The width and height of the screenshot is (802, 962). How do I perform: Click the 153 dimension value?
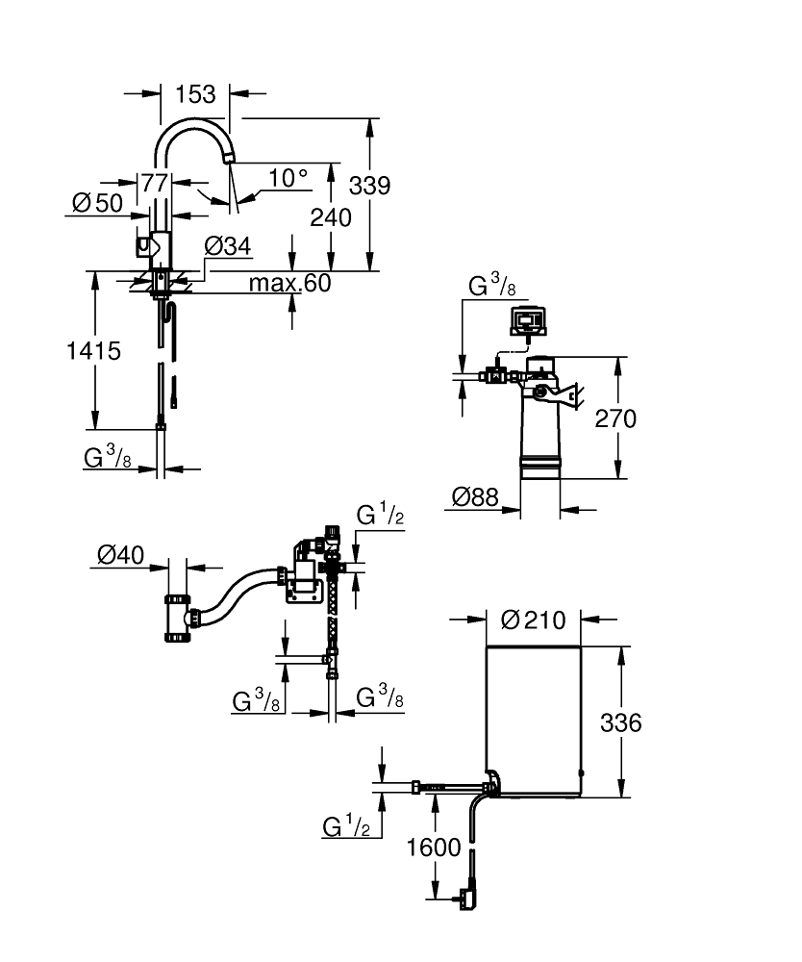tap(195, 94)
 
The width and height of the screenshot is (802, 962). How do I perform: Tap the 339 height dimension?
tap(370, 186)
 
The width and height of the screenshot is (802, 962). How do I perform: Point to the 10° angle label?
tap(288, 178)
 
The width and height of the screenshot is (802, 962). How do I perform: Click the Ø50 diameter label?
tap(97, 203)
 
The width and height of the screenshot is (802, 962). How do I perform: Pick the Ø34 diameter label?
tap(228, 246)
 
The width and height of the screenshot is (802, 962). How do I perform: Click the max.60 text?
tap(289, 283)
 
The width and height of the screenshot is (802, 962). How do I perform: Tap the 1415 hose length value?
tap(93, 351)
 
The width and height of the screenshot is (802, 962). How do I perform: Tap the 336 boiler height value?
tap(620, 722)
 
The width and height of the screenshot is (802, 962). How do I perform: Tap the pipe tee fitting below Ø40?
tap(178, 622)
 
